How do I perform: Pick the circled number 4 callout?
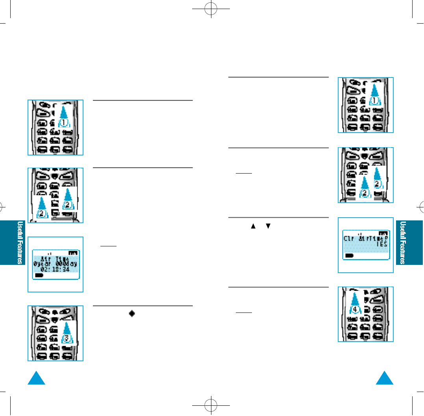point(355,309)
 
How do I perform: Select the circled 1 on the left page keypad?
point(65,122)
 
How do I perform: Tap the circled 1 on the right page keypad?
point(374,100)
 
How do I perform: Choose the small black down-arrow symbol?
point(268,226)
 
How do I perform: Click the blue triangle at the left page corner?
point(37,379)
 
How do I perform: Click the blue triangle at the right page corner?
point(385,379)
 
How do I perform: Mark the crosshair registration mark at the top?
point(212,11)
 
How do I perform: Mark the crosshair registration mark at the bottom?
point(212,405)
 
